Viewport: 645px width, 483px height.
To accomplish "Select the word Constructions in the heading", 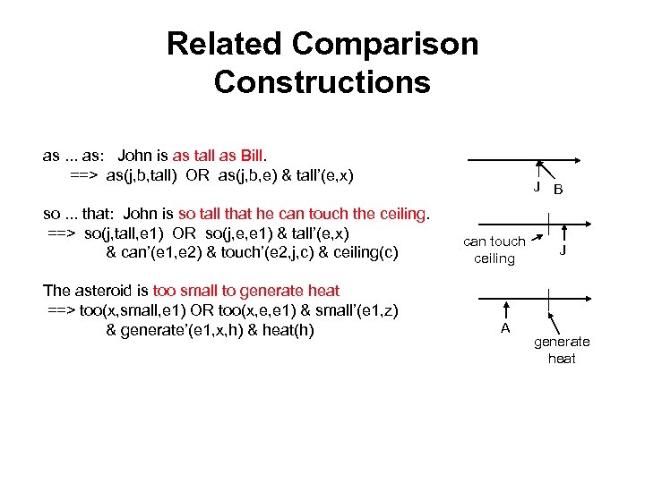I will tap(322, 82).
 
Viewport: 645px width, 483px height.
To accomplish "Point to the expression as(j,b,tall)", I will tap(142, 174).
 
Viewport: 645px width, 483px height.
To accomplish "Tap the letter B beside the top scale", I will tap(558, 190).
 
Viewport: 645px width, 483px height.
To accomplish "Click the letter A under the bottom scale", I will tap(505, 327).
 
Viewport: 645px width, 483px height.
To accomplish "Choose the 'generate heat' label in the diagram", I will tap(562, 350).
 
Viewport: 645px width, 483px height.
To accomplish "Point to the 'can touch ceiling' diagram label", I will tap(494, 250).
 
